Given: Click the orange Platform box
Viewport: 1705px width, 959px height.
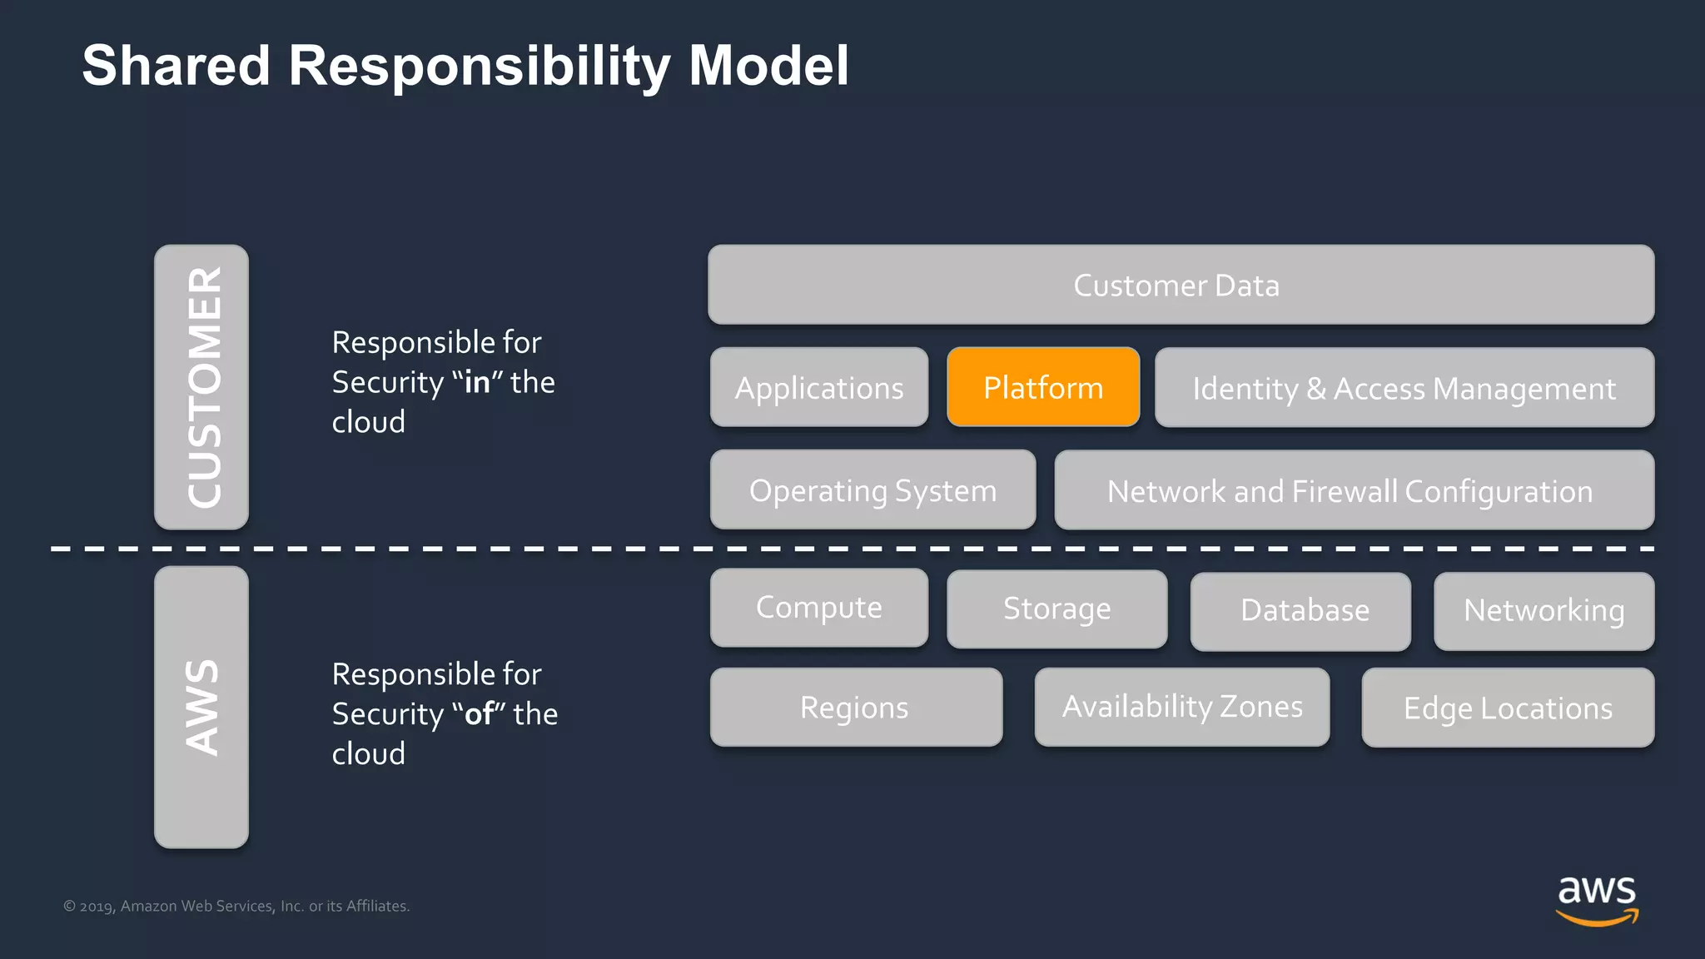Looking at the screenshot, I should click(1043, 387).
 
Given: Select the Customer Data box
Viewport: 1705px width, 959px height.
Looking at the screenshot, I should click(1181, 285).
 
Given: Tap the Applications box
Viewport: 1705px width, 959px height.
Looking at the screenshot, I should click(819, 387).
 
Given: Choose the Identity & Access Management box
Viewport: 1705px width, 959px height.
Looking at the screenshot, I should click(1404, 388).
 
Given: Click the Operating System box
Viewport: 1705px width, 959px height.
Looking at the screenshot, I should click(872, 489).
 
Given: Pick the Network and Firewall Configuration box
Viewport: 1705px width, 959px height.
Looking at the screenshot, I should click(1354, 490).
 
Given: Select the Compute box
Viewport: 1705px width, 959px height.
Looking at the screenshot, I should click(819, 608).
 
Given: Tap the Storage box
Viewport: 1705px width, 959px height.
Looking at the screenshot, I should click(1056, 609).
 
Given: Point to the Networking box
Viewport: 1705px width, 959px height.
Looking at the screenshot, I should click(1543, 611).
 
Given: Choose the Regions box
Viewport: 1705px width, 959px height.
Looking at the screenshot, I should click(856, 708).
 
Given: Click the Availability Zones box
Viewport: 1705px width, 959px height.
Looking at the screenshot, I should click(1181, 707).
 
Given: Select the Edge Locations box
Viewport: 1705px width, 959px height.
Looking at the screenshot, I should click(1508, 708).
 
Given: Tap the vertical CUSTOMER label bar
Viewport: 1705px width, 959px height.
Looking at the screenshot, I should click(201, 387).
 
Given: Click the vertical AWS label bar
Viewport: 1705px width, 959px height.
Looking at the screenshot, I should click(201, 708).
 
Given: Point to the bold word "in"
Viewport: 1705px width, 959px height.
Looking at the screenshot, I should click(477, 382).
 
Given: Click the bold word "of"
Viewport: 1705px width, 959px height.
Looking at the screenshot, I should click(480, 714).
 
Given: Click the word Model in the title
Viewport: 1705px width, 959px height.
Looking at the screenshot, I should click(768, 66).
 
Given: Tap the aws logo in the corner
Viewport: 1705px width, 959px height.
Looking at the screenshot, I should click(1596, 899).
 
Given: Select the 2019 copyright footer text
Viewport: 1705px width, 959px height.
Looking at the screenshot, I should click(236, 906).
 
